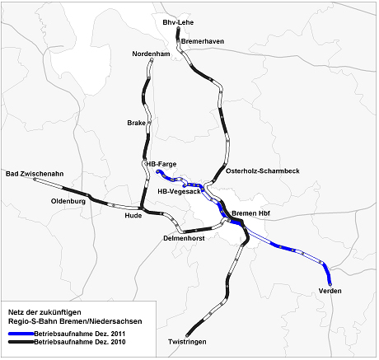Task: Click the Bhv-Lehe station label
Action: (178, 22)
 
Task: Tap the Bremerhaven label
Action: (203, 41)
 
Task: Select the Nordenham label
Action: (151, 54)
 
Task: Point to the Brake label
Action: (136, 123)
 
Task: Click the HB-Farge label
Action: (161, 164)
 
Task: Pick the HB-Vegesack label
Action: (179, 191)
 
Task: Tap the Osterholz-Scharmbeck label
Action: (263, 171)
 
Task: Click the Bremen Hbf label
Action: (250, 213)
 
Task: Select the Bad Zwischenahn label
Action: (35, 174)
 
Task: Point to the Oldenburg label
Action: (68, 202)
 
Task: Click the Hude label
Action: (133, 216)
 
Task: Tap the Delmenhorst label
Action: (184, 238)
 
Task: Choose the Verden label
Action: (330, 291)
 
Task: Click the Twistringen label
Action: (187, 342)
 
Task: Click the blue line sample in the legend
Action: (21, 334)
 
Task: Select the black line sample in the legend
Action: (21, 342)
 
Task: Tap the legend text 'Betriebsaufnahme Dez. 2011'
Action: (80, 334)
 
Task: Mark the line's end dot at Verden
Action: (330, 284)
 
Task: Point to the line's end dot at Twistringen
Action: (187, 335)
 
